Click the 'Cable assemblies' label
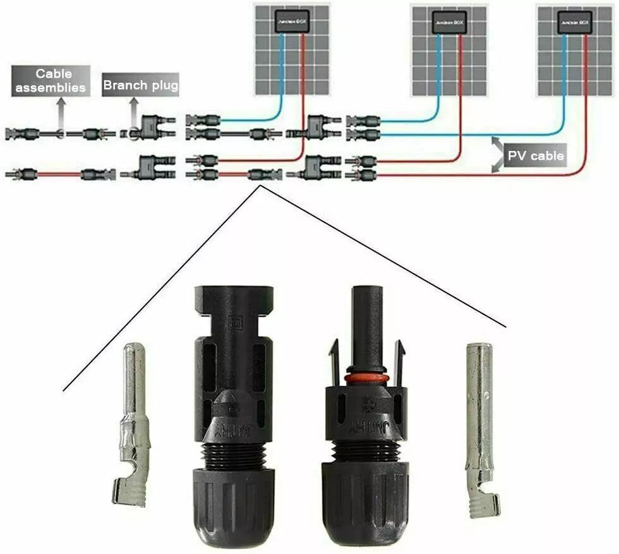pyautogui.click(x=50, y=81)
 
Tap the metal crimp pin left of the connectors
pyautogui.click(x=133, y=430)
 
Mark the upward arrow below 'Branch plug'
pyautogui.click(x=135, y=114)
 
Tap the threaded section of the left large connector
pyautogui.click(x=234, y=456)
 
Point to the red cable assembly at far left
pyautogui.click(x=60, y=173)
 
